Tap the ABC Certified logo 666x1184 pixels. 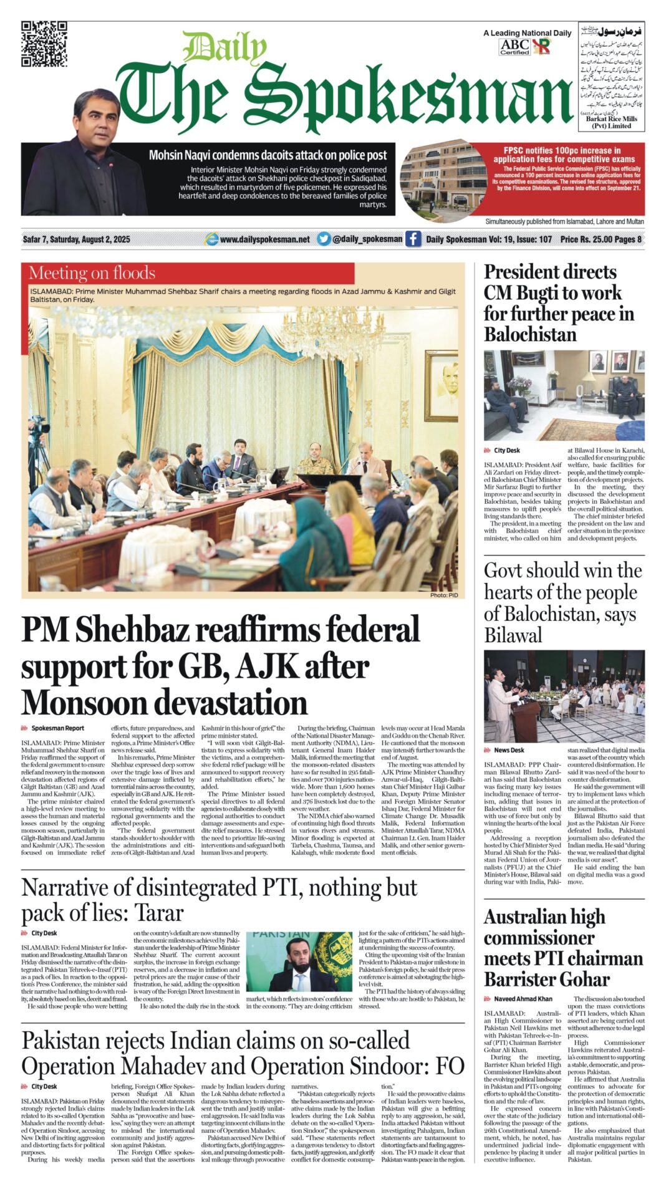[514, 47]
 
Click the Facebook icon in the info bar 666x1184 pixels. [413, 239]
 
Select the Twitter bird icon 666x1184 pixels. [323, 239]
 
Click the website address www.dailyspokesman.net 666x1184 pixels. [264, 239]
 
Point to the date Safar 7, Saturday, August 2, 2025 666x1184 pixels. [76, 239]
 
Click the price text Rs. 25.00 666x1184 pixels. [600, 239]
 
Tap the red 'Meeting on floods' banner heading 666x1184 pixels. [92, 273]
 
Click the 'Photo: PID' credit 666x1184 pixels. [443, 595]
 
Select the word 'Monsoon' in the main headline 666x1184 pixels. [85, 703]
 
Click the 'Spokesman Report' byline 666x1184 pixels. [57, 728]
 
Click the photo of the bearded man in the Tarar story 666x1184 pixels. [300, 963]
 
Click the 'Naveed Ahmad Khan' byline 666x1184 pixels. [523, 999]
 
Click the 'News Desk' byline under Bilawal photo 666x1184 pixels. [509, 750]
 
